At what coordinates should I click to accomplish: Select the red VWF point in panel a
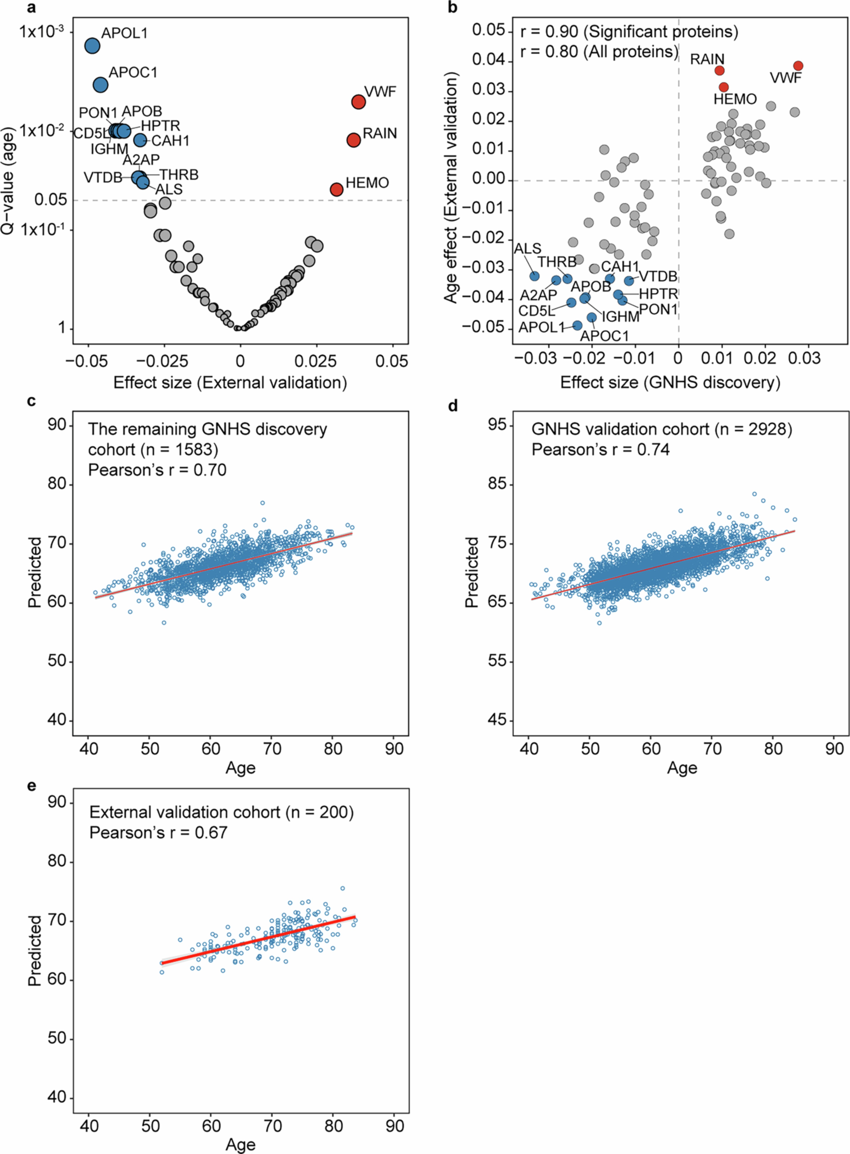point(358,102)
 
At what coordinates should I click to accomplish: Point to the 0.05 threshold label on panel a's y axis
point(51,200)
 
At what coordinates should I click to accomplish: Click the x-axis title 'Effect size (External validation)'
point(230,382)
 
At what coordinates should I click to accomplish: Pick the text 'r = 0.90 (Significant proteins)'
point(629,32)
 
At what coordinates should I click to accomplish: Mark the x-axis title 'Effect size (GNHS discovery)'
point(670,382)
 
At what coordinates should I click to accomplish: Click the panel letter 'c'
point(32,401)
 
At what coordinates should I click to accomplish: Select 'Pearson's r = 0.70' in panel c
point(157,470)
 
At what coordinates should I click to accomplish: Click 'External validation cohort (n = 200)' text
point(221,812)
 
